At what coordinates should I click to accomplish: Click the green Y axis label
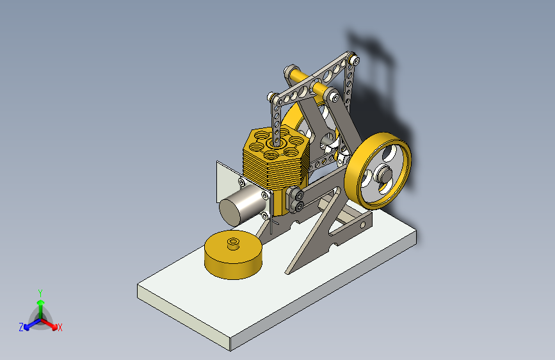click(40, 291)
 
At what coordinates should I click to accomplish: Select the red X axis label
click(60, 328)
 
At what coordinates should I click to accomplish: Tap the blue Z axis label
click(21, 327)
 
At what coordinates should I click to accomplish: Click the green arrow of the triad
click(40, 303)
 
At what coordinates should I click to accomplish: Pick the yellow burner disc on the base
click(233, 256)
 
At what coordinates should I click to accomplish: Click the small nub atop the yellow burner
click(234, 242)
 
